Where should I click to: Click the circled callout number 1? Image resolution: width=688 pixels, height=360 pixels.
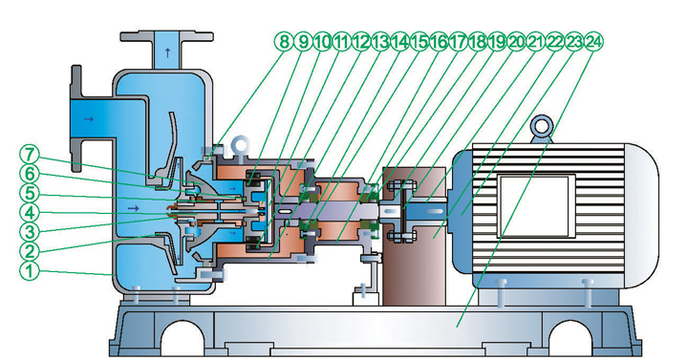[30, 270]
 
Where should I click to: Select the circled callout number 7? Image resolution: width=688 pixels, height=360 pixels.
[30, 155]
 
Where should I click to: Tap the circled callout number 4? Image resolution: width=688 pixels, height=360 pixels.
[30, 213]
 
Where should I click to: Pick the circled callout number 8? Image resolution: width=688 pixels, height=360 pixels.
[284, 42]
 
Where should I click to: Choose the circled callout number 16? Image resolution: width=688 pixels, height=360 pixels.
[439, 42]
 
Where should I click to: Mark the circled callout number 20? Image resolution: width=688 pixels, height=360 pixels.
[516, 42]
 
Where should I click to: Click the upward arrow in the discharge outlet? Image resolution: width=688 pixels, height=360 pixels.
[167, 53]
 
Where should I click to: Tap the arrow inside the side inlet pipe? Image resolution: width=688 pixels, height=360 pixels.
[89, 118]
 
